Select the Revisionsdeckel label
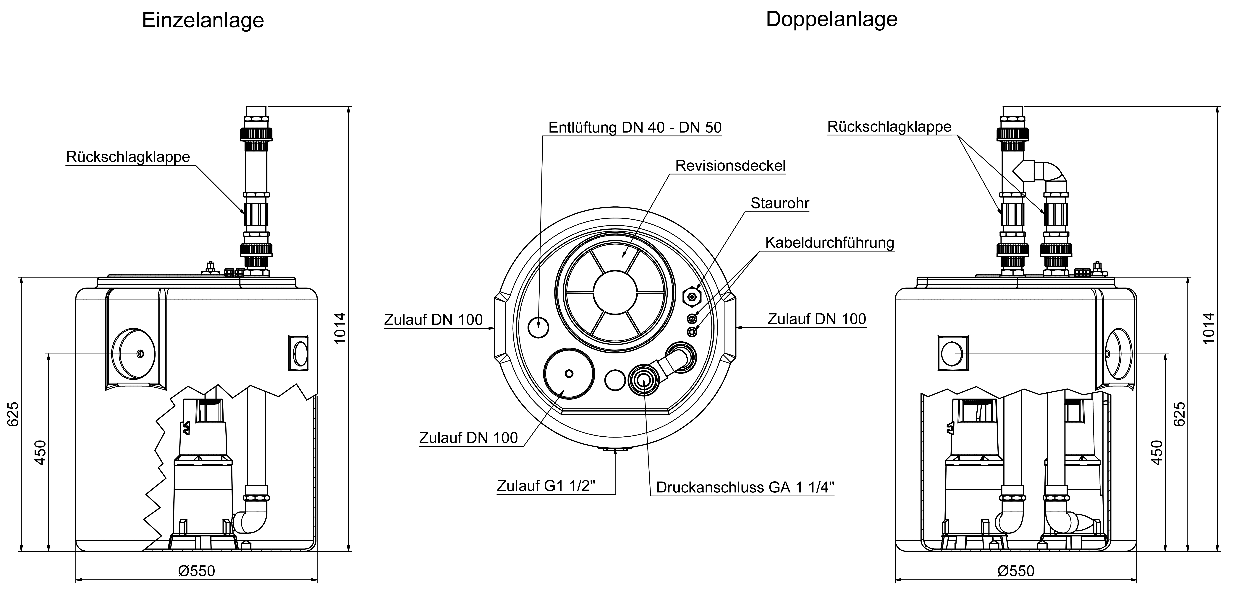point(730,165)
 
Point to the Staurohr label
point(780,203)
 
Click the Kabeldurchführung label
point(829,243)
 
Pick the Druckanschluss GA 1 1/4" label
point(745,487)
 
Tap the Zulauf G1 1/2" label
point(546,486)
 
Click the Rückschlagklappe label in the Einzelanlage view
point(128,157)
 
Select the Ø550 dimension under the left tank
point(196,571)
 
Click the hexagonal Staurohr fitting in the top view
point(692,296)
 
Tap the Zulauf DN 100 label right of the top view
point(816,319)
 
